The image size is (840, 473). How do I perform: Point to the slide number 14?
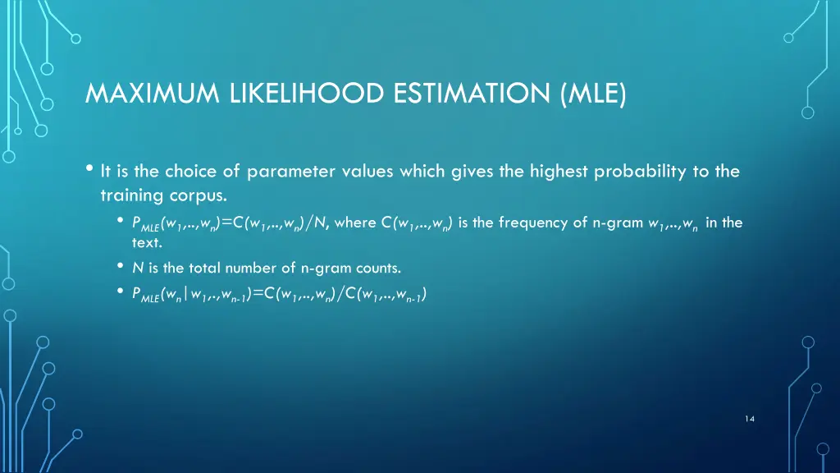tap(750, 419)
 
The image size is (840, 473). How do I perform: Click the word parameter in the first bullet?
tap(283, 172)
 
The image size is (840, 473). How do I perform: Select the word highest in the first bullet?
tap(555, 172)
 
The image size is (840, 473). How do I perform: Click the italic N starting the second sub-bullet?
tap(137, 267)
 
